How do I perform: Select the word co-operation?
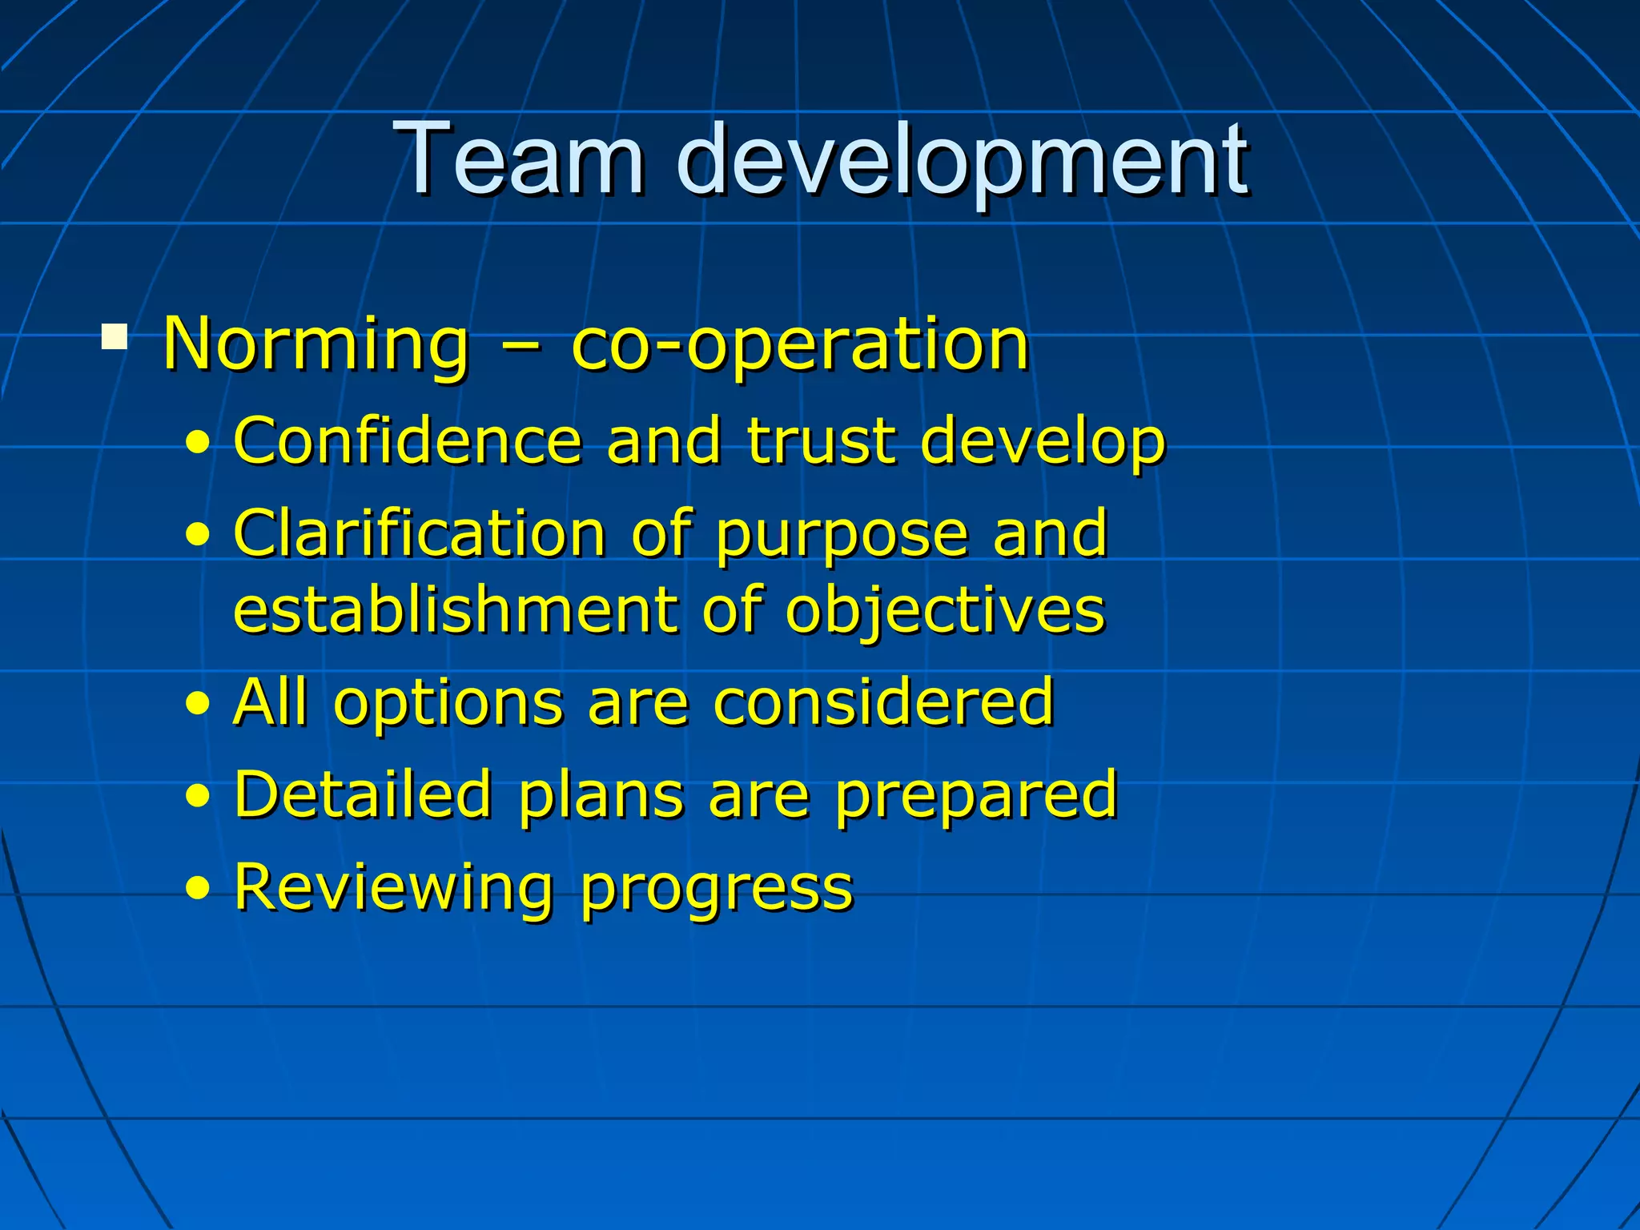pyautogui.click(x=800, y=346)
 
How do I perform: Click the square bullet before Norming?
pyautogui.click(x=115, y=336)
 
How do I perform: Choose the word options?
pyautogui.click(x=448, y=703)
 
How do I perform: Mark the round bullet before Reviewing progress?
pyautogui.click(x=198, y=888)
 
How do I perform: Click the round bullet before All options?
pyautogui.click(x=198, y=702)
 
